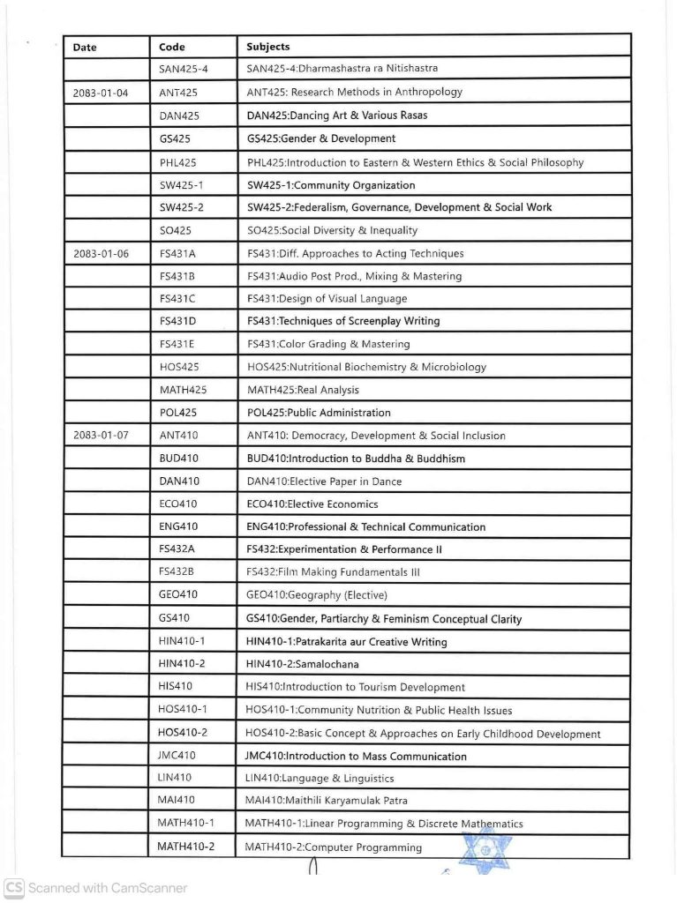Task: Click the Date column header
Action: coord(85,47)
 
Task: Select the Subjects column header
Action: coord(268,47)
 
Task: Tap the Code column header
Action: coord(172,47)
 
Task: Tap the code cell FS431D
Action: coord(177,321)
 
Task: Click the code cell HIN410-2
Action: coord(181,664)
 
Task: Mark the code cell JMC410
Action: coord(178,756)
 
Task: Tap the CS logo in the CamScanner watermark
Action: coord(14,888)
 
